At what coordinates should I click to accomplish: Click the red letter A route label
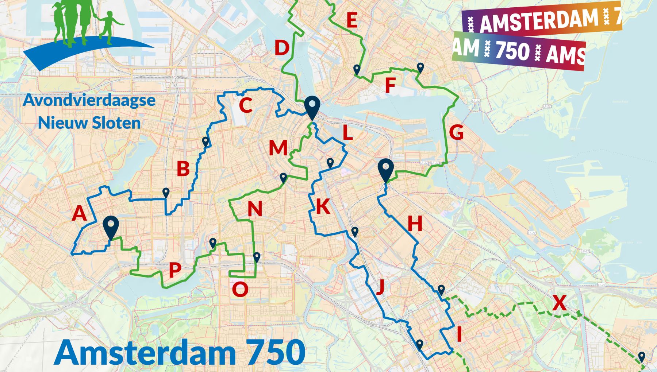click(x=79, y=213)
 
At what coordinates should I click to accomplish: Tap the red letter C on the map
click(x=246, y=105)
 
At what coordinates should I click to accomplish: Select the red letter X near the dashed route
click(x=559, y=303)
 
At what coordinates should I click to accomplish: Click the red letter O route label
click(x=240, y=290)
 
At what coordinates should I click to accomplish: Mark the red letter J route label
click(x=380, y=286)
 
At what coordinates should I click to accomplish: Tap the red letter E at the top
click(x=352, y=20)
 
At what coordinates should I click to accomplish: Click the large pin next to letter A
click(x=111, y=226)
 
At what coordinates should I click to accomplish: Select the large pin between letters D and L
click(x=312, y=106)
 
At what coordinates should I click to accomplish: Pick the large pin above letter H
click(x=386, y=169)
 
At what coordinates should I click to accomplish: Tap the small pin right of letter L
click(x=330, y=163)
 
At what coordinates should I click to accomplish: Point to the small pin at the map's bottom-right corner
click(x=641, y=357)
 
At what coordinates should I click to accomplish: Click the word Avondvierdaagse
click(x=89, y=100)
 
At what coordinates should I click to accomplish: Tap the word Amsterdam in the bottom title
click(x=146, y=352)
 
